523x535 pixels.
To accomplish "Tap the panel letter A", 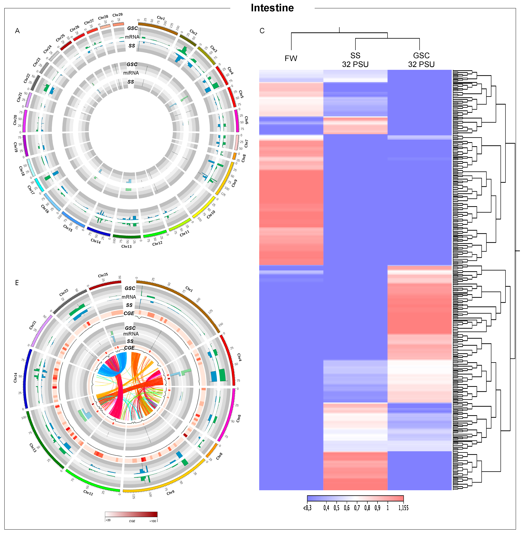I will click(17, 31).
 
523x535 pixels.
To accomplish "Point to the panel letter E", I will click(17, 283).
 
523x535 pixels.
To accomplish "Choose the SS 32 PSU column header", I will click(355, 60).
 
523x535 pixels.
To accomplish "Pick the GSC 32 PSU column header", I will click(421, 60).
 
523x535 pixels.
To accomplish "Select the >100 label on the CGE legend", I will click(153, 521).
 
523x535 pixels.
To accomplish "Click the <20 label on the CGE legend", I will click(108, 520).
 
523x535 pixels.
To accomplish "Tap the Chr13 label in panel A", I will click(126, 246).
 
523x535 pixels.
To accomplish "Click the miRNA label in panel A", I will click(131, 73).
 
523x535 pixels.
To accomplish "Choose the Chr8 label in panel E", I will click(219, 456).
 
